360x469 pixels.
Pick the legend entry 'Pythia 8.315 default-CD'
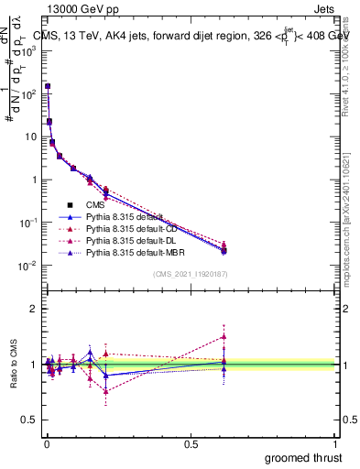[134, 228]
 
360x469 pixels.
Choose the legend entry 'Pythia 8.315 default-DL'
[133, 239]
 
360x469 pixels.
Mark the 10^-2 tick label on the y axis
[29, 266]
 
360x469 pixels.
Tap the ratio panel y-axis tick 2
[34, 309]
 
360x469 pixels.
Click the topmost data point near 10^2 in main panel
[48, 87]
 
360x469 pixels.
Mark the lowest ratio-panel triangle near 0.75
[106, 391]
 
